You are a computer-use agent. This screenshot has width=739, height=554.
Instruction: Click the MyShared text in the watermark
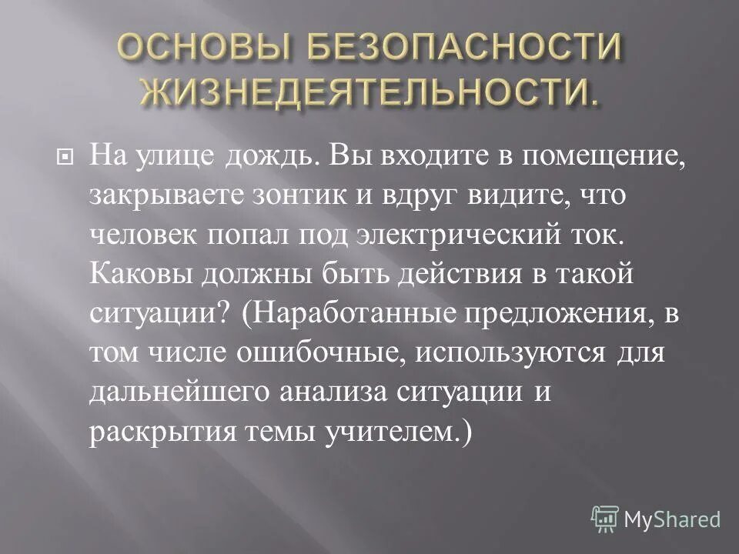pyautogui.click(x=673, y=519)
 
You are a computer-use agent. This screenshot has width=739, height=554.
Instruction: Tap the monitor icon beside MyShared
pyautogui.click(x=605, y=519)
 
